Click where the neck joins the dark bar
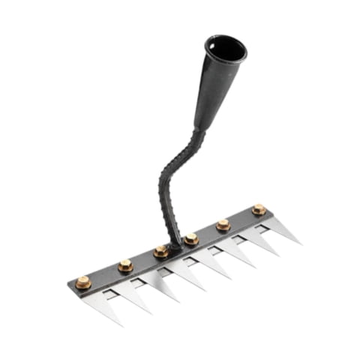click(174, 244)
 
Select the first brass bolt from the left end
click(82, 282)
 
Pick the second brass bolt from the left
click(125, 265)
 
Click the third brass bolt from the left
click(160, 251)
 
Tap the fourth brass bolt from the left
click(192, 238)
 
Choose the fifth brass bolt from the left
click(223, 224)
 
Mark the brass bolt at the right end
click(259, 209)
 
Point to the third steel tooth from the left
click(166, 282)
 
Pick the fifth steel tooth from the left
click(224, 257)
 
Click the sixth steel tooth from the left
click(250, 245)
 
